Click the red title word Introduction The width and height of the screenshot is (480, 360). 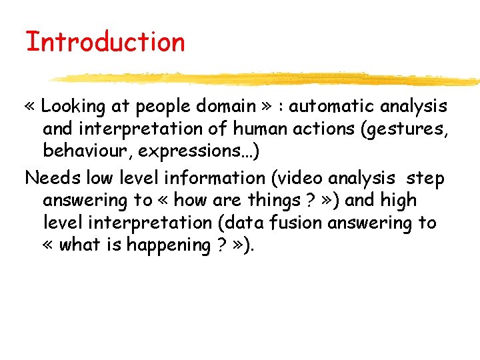[x=105, y=42]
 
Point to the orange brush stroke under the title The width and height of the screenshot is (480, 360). [x=267, y=79]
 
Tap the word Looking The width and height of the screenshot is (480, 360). [x=73, y=106]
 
